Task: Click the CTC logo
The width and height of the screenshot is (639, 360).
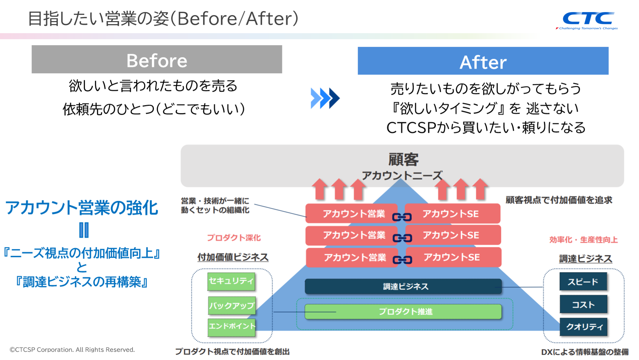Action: pos(588,20)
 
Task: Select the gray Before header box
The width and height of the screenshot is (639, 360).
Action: pos(157,60)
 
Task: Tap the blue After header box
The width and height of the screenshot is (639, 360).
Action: pos(483,61)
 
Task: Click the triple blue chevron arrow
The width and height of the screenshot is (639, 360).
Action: pos(325,98)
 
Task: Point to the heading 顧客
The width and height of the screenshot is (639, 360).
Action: pos(403,159)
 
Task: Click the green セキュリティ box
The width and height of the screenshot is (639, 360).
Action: pos(231,281)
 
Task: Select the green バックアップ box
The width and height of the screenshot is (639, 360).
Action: pos(232,305)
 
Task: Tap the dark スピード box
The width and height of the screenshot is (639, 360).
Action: pos(583,282)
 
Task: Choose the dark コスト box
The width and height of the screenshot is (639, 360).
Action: pos(583,304)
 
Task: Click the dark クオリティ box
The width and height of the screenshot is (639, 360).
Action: pos(584,327)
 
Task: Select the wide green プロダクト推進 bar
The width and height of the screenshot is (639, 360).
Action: pos(403,311)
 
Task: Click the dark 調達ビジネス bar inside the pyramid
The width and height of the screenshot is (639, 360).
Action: pos(403,286)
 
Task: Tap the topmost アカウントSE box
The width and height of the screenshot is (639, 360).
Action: pos(452,213)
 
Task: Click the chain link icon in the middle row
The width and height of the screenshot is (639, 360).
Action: pos(402,238)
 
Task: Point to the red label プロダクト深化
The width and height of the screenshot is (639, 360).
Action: pos(234,238)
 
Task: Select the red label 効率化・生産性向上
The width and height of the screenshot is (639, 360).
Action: pos(583,240)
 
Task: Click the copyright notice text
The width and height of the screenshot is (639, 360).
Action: pos(72,350)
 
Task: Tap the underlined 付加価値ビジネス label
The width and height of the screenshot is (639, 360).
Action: pos(233,257)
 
